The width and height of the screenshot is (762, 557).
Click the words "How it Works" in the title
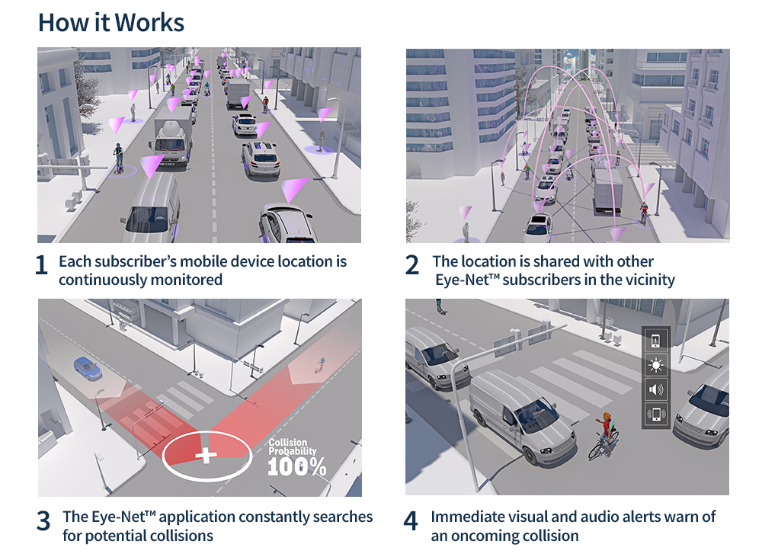pyautogui.click(x=111, y=22)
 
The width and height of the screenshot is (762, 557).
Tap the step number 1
pyautogui.click(x=42, y=265)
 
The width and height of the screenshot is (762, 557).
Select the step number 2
pyautogui.click(x=412, y=265)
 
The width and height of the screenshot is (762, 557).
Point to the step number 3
pyautogui.click(x=43, y=520)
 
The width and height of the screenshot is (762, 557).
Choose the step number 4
pyautogui.click(x=411, y=520)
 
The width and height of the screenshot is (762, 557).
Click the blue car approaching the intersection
pyautogui.click(x=88, y=369)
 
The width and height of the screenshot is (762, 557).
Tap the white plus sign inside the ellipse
pyautogui.click(x=206, y=456)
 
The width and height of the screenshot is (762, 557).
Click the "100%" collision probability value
pyautogui.click(x=297, y=466)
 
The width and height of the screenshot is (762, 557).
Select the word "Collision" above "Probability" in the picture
pyautogui.click(x=288, y=443)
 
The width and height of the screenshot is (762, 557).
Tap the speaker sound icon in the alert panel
pyautogui.click(x=655, y=390)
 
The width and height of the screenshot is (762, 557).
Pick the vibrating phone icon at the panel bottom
pyautogui.click(x=655, y=415)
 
